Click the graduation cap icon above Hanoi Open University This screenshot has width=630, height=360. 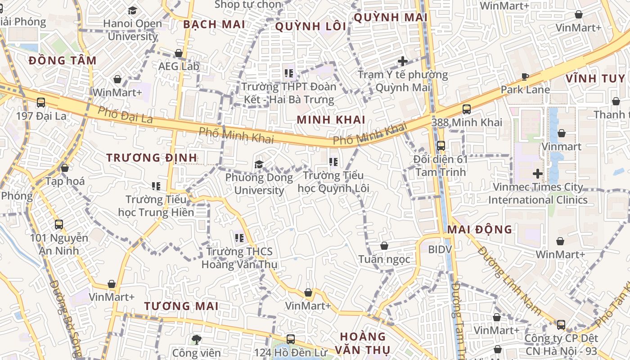pyautogui.click(x=132, y=10)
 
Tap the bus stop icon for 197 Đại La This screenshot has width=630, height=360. pyautogui.click(x=41, y=103)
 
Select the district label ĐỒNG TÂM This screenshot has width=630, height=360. pyautogui.click(x=63, y=61)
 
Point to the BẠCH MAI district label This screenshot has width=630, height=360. pyautogui.click(x=214, y=24)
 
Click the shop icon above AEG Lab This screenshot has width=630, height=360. pyautogui.click(x=179, y=53)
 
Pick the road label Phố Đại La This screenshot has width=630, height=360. pyautogui.click(x=125, y=115)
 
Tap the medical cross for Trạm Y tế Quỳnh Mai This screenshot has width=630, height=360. pyautogui.click(x=403, y=61)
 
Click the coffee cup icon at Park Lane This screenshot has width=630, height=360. pyautogui.click(x=525, y=76)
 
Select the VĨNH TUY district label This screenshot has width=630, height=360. pyautogui.click(x=595, y=78)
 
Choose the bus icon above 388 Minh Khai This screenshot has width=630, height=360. pyautogui.click(x=467, y=109)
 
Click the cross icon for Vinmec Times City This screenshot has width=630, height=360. pyautogui.click(x=538, y=173)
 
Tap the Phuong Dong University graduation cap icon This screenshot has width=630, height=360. pyautogui.click(x=259, y=164)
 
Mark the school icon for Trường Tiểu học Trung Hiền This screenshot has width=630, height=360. pyautogui.click(x=156, y=186)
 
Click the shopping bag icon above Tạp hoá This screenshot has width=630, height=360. pyautogui.click(x=65, y=168)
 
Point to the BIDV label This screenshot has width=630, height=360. pyautogui.click(x=440, y=249)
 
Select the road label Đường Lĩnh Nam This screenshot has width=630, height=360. pyautogui.click(x=509, y=280)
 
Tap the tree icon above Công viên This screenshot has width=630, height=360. pyautogui.click(x=196, y=339)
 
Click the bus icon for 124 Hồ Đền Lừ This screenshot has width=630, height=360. pyautogui.click(x=291, y=339)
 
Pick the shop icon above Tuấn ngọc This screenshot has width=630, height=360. pyautogui.click(x=384, y=246)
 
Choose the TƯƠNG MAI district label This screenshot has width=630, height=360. pyautogui.click(x=181, y=306)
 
